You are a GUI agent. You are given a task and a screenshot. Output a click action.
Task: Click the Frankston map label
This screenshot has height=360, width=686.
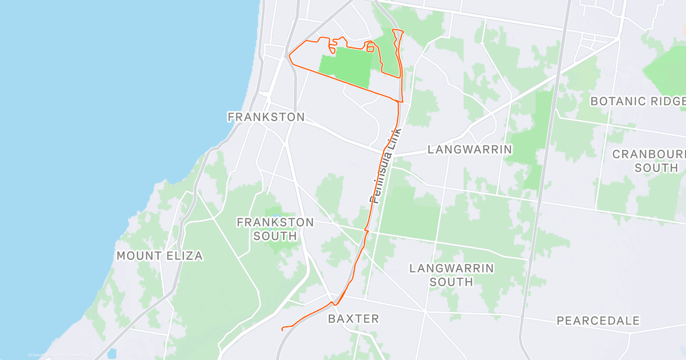(266, 117)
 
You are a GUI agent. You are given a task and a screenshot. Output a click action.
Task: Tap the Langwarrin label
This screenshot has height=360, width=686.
(469, 150)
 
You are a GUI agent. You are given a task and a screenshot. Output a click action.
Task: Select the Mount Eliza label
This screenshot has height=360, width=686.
(159, 256)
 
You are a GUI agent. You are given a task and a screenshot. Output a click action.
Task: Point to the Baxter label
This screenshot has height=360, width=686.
(353, 319)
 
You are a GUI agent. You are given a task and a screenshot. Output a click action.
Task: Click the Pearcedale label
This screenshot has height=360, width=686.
(598, 321)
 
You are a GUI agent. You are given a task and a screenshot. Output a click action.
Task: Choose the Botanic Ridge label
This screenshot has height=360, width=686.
(637, 102)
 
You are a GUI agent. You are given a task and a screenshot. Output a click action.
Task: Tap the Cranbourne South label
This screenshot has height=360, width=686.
(649, 161)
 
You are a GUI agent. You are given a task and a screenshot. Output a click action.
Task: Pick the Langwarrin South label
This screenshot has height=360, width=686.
(452, 275)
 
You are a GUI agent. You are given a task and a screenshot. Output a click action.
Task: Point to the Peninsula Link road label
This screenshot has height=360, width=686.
(386, 166)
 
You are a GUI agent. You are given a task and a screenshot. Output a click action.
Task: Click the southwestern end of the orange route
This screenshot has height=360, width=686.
(283, 329)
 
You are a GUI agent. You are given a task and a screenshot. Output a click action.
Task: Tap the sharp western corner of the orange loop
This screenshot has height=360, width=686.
(289, 56)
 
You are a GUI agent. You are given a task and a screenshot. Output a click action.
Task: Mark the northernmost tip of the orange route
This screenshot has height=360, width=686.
(393, 30)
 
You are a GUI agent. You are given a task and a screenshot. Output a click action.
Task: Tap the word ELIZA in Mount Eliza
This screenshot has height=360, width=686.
(184, 256)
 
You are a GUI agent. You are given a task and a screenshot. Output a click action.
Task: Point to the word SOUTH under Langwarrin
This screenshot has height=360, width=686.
(452, 282)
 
